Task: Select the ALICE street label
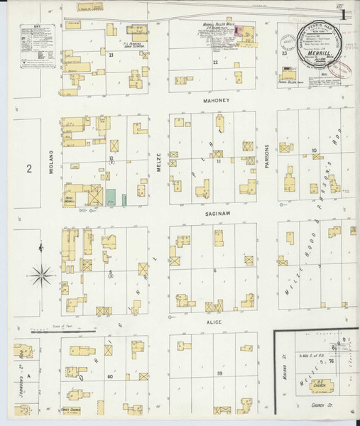(x=214, y=322)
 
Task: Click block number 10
(x=313, y=151)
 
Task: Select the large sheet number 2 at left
(x=30, y=168)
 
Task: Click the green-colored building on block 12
(x=111, y=197)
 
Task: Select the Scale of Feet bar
(x=64, y=330)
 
